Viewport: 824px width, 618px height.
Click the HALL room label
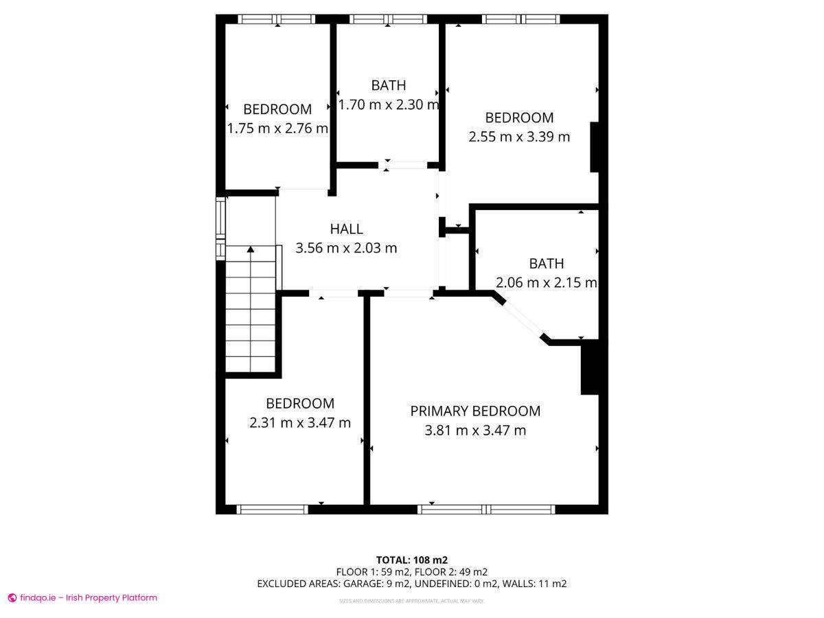click(346, 229)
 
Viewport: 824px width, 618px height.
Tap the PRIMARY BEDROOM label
click(475, 411)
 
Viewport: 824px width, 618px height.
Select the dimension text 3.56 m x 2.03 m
click(346, 248)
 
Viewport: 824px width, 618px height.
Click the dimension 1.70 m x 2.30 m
click(389, 104)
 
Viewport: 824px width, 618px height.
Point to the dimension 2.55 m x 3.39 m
click(519, 136)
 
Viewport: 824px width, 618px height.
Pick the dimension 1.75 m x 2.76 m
click(277, 128)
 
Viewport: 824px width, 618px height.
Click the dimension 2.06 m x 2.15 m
click(546, 282)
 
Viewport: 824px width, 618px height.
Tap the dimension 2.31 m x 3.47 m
click(300, 422)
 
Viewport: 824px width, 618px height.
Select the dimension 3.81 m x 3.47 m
click(475, 430)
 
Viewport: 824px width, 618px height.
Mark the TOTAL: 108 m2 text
click(412, 560)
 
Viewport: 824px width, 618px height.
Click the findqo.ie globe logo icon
click(12, 597)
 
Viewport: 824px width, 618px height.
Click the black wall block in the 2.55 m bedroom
click(594, 147)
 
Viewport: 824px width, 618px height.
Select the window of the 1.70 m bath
click(389, 19)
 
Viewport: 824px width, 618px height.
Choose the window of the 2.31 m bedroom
click(272, 510)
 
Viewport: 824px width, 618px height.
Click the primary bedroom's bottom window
click(486, 510)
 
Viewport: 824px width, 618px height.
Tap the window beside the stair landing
click(220, 228)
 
